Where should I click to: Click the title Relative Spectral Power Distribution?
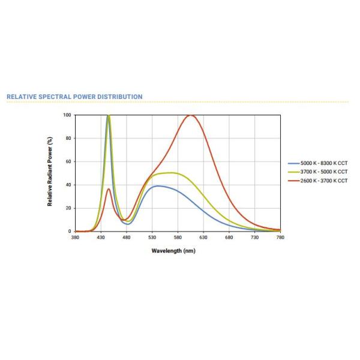(x=74, y=97)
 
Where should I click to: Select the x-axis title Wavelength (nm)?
(x=173, y=250)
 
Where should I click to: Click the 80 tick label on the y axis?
(x=68, y=139)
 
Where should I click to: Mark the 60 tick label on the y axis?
(x=68, y=161)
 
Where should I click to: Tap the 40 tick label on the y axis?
(x=68, y=185)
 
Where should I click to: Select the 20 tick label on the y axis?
(x=68, y=208)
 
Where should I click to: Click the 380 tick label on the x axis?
(x=75, y=238)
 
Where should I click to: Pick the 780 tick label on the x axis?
(x=280, y=238)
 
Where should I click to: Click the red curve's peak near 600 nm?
(x=190, y=115)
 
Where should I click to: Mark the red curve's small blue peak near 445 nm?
(x=109, y=189)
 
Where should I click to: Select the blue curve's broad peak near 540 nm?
(x=157, y=186)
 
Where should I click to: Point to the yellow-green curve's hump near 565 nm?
(x=171, y=173)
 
